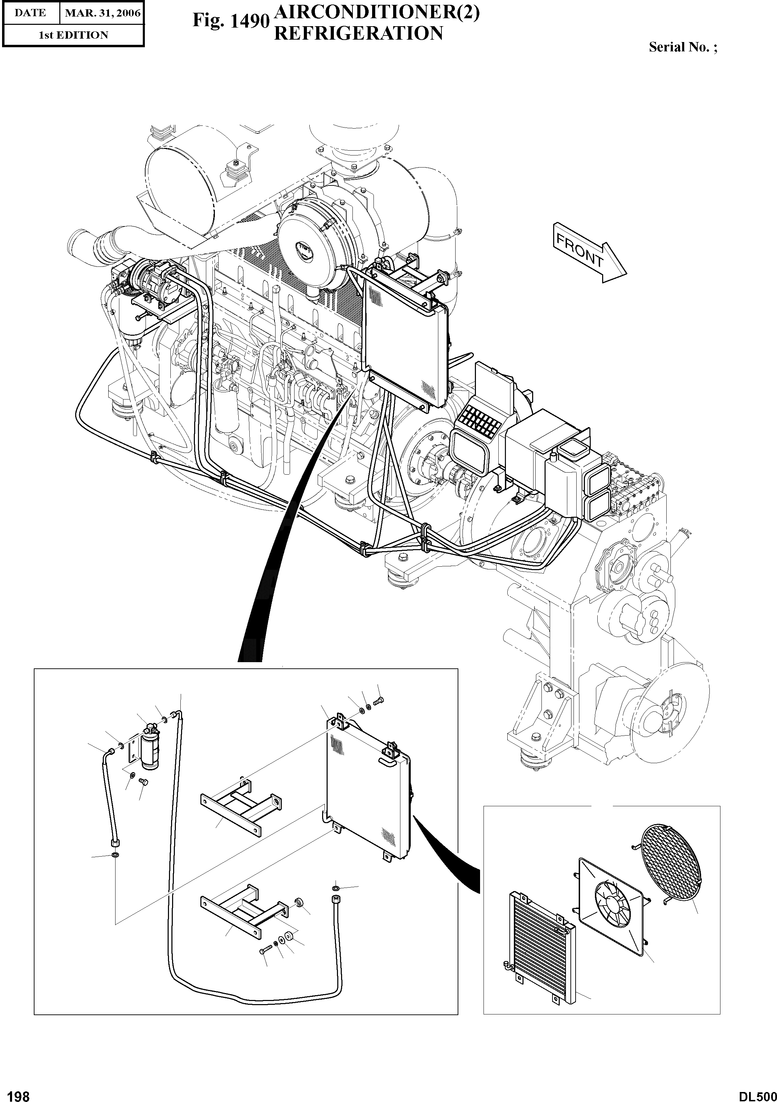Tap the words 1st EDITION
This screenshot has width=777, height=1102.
click(73, 35)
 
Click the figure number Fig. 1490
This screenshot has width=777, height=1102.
click(229, 21)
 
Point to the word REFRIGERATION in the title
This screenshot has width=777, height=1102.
click(358, 33)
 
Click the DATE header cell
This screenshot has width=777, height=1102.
click(30, 13)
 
